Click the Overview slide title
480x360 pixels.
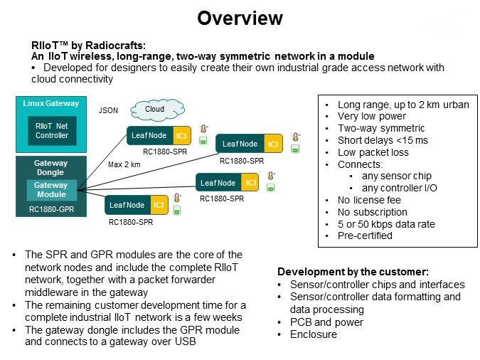(240, 18)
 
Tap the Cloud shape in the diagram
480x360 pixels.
(157, 110)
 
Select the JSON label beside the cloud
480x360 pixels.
(108, 110)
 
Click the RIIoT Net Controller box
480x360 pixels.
(52, 130)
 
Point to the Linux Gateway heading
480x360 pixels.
(50, 103)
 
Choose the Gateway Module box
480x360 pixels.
(51, 190)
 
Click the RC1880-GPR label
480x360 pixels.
(51, 209)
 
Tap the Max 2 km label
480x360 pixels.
(124, 164)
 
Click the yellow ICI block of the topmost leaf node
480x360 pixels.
(182, 135)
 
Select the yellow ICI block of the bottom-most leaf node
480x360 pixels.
(159, 205)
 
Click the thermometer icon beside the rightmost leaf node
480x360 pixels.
(295, 137)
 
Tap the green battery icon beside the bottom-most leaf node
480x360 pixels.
(177, 211)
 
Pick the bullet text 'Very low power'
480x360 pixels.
(372, 116)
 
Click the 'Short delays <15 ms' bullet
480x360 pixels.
(383, 140)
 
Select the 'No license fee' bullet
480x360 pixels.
(369, 200)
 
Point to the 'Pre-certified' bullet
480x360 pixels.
(365, 235)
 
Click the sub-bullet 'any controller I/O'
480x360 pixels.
(400, 188)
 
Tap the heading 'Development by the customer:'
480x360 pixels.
(353, 272)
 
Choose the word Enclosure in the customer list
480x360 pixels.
(314, 334)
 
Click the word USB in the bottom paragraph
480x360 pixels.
(185, 342)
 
